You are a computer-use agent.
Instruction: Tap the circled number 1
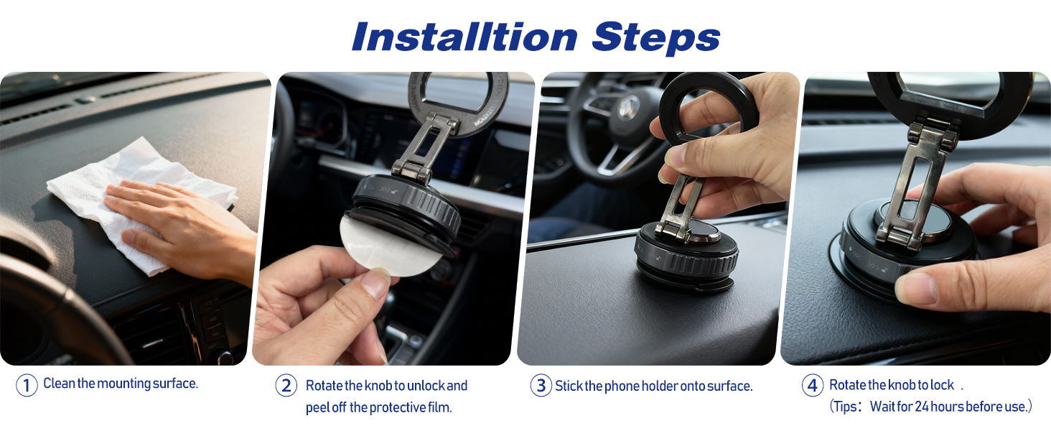(27, 386)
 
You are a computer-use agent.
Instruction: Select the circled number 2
(286, 386)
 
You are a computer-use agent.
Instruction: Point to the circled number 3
(541, 386)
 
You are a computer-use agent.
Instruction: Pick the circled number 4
(812, 386)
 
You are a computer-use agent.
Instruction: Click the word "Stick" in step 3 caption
(569, 386)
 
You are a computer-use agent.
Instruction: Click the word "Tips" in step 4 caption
(845, 407)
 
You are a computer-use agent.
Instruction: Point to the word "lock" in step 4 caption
(943, 385)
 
